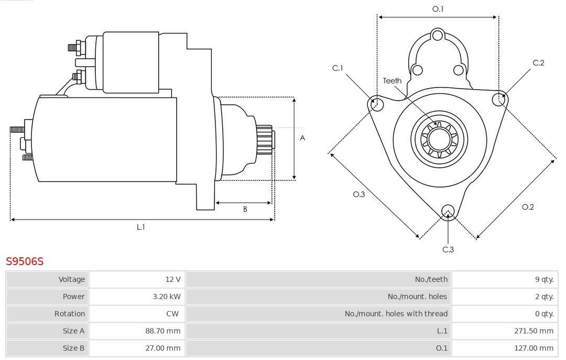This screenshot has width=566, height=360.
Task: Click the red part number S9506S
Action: point(25,261)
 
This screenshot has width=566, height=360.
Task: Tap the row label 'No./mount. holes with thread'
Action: point(396,314)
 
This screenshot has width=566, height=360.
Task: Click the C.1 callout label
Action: point(338,68)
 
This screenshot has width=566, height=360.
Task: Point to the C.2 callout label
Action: point(538,63)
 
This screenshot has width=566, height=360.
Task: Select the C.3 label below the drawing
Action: point(448,249)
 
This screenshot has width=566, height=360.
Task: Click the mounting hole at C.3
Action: point(448,211)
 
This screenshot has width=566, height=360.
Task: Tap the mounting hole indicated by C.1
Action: point(376,104)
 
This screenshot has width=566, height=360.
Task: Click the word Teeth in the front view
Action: point(392,81)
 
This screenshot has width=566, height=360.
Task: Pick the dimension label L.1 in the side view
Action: point(141,227)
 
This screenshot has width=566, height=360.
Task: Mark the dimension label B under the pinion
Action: point(245,209)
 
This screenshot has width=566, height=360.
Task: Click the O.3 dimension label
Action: point(358,194)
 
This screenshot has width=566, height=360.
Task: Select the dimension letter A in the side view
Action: point(302,138)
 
